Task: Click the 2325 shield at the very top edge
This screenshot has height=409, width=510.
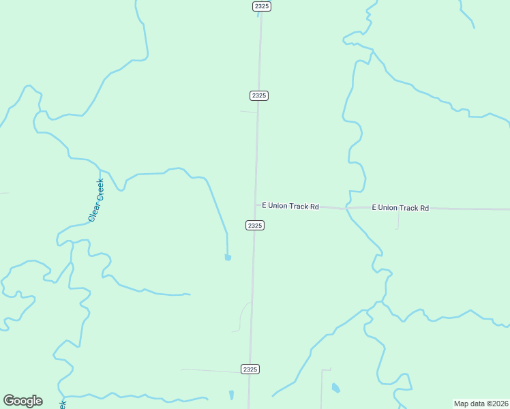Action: coord(261,6)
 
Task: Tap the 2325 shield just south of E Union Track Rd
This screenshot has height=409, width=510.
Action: coord(254,225)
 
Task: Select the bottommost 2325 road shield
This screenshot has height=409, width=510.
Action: coord(250,369)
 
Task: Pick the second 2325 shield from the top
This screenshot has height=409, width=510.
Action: coord(258,95)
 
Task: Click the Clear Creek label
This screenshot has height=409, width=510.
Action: coord(96,200)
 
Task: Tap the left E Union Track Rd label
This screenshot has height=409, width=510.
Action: coord(290,206)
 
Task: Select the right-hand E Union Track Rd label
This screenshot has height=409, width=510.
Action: coord(400,208)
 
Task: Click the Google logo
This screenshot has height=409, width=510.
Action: coord(22,401)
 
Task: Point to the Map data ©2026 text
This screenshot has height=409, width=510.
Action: coord(481,403)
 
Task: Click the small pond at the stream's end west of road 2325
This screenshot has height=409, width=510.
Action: coord(228,258)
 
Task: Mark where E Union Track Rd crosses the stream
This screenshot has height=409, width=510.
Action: coord(347,208)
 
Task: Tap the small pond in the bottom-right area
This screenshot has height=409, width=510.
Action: coord(335,389)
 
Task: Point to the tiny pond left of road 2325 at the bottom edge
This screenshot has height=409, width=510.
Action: coord(231,395)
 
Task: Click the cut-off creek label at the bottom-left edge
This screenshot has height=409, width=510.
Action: coord(63,404)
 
